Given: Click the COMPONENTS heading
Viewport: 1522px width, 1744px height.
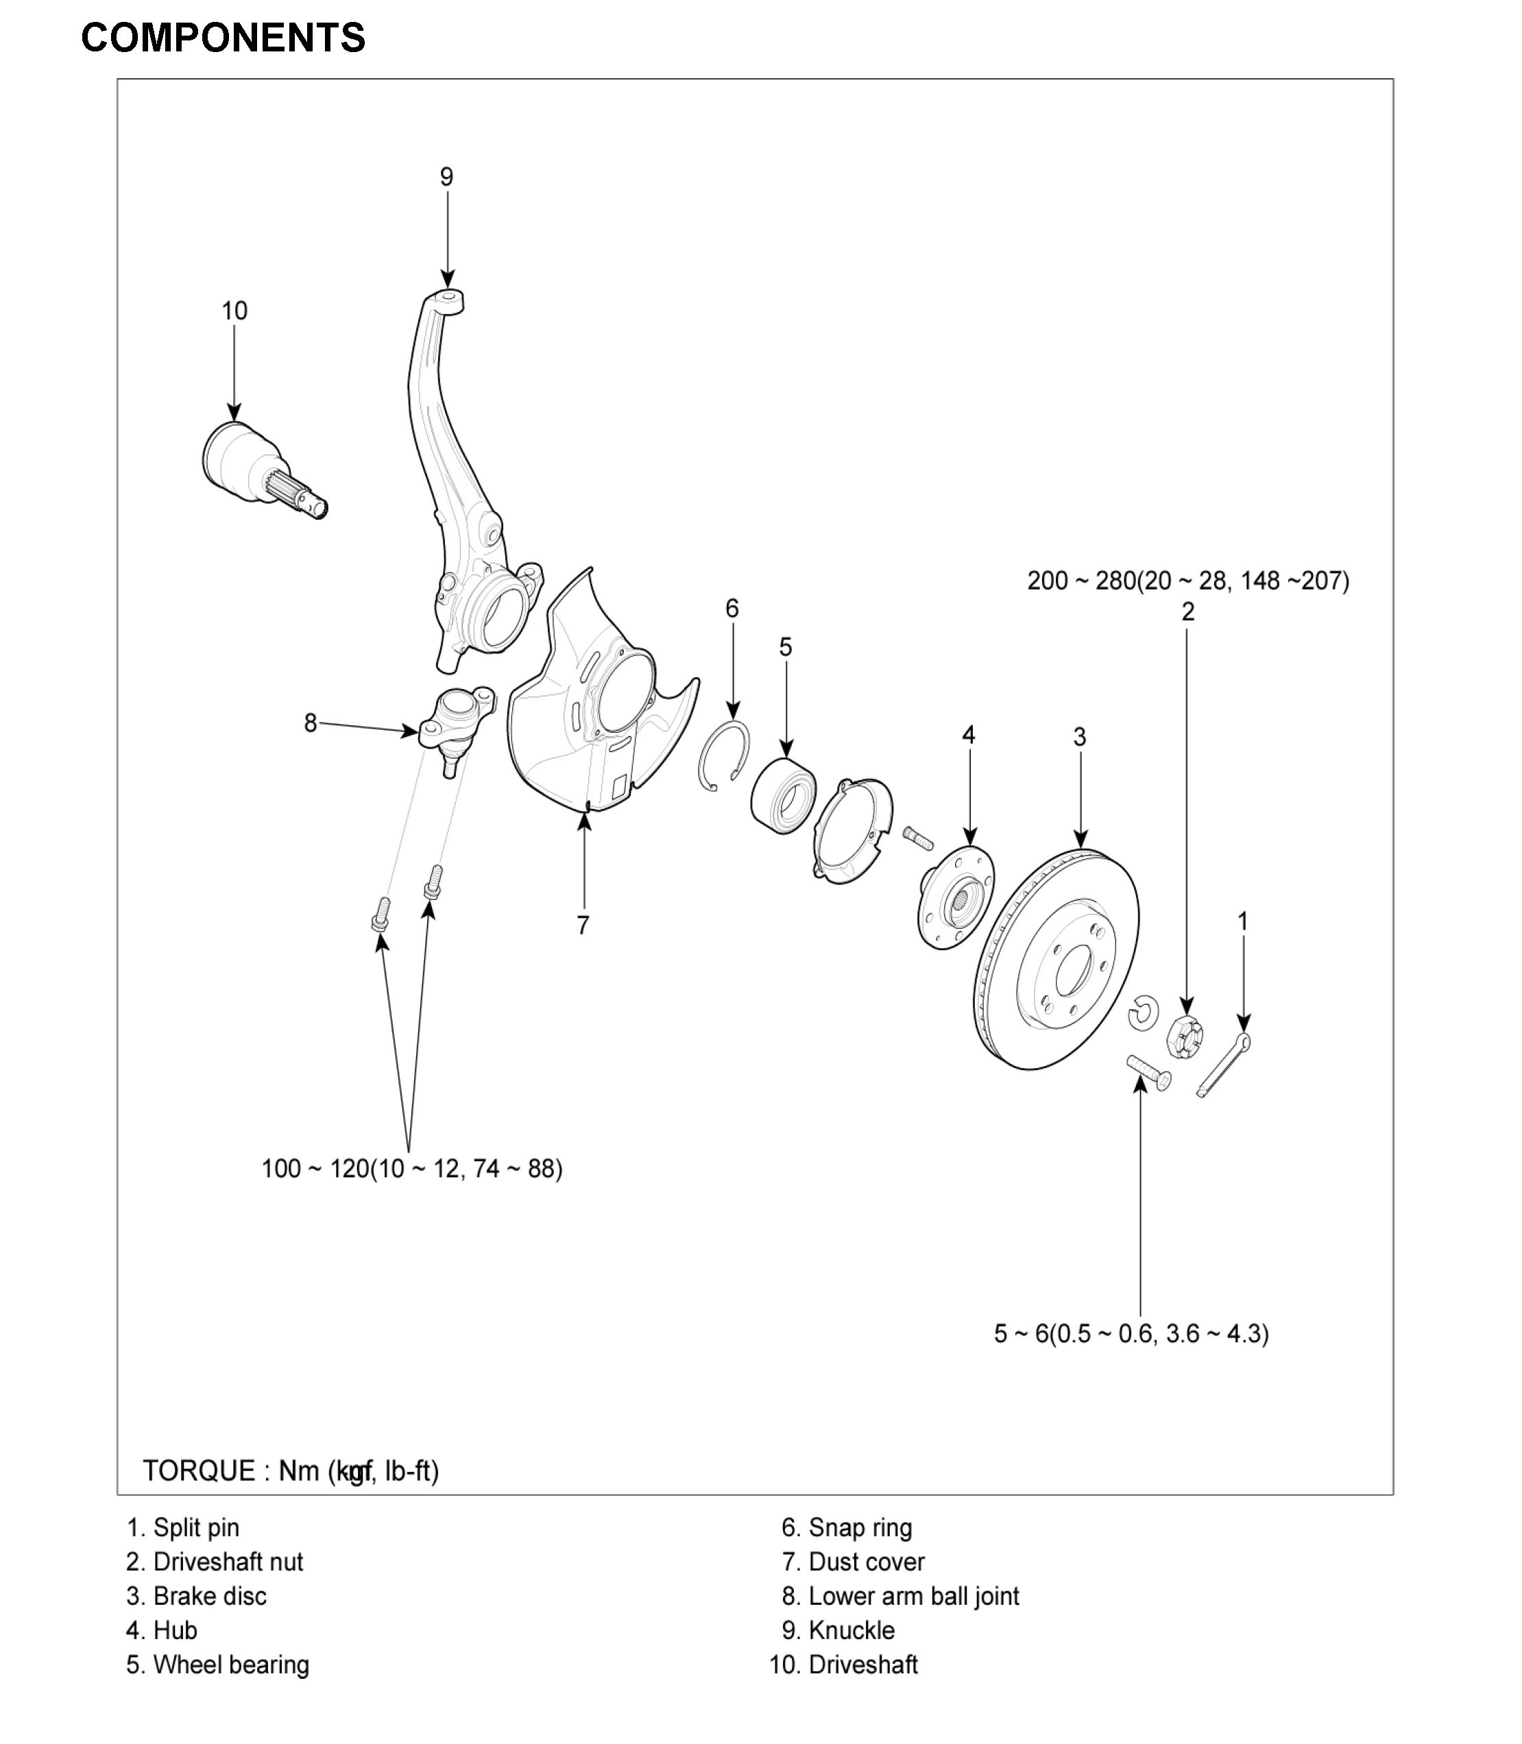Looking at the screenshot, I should click(223, 38).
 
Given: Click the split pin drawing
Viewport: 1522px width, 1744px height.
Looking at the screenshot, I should click(1223, 1067).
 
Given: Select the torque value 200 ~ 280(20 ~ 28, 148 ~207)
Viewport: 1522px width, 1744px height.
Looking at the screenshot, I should click(1187, 581).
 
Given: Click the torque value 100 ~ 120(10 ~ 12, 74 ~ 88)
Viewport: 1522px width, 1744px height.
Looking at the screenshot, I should click(412, 1169).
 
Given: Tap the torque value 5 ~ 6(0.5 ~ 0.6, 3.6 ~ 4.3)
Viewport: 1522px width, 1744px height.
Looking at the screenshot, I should click(1131, 1334).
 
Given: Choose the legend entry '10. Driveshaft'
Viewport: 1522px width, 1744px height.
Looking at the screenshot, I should click(843, 1665).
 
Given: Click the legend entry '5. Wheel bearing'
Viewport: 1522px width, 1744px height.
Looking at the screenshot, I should click(217, 1665).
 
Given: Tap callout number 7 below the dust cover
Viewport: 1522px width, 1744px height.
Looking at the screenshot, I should click(583, 925).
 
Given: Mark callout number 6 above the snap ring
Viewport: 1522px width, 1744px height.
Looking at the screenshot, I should click(732, 608).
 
